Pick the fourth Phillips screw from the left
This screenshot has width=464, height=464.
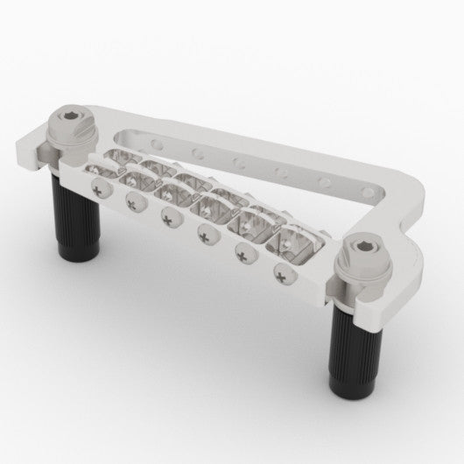point(207,232)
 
